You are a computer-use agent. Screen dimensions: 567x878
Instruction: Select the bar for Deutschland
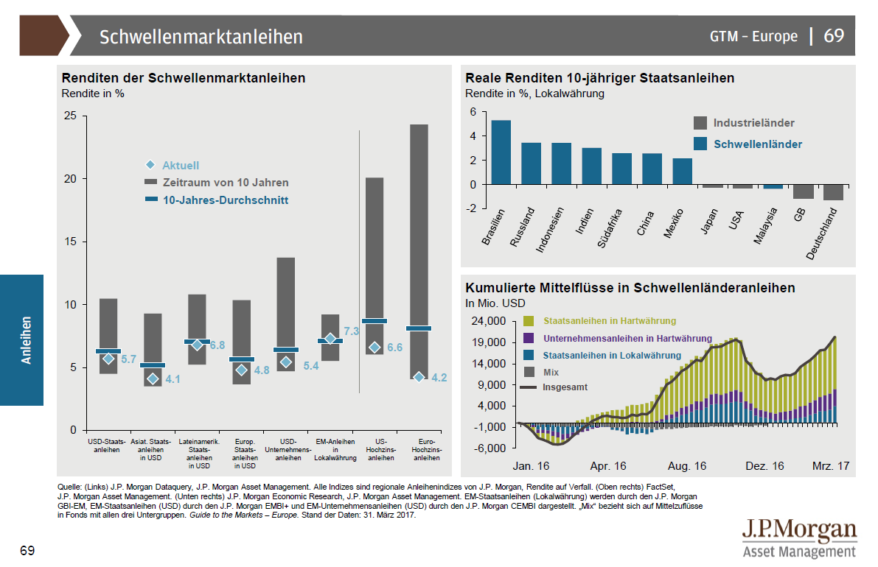(x=833, y=192)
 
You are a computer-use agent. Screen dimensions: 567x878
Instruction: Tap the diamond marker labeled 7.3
(x=330, y=339)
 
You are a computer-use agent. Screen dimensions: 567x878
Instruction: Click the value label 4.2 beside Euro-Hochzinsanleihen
(x=439, y=378)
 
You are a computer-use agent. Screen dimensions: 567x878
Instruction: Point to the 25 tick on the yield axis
(x=70, y=116)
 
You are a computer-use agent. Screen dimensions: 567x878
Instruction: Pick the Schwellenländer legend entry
(x=758, y=144)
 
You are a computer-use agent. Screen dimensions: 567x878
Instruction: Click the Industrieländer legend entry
(x=753, y=123)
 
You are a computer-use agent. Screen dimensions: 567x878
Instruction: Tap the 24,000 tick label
(x=487, y=321)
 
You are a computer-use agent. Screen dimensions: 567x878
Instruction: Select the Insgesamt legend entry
(x=565, y=387)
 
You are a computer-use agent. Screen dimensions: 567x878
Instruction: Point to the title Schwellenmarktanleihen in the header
(x=201, y=36)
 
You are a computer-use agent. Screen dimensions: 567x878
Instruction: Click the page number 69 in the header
(x=834, y=35)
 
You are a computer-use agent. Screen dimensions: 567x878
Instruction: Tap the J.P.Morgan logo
(x=799, y=538)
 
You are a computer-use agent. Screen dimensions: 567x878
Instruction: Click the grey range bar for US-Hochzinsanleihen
(x=374, y=266)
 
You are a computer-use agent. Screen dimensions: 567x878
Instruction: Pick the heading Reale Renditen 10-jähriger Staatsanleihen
(x=599, y=78)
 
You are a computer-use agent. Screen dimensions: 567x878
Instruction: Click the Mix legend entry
(x=551, y=372)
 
